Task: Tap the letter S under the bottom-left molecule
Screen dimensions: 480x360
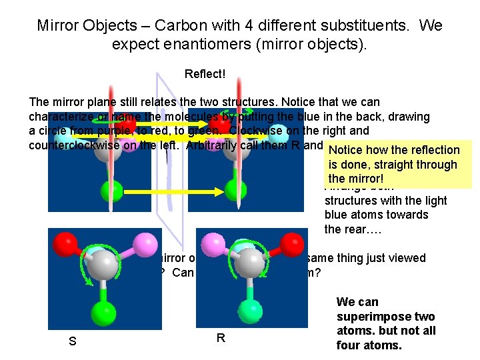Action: (x=71, y=342)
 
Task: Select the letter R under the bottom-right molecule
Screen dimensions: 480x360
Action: (x=221, y=337)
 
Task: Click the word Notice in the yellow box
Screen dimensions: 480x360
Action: (x=346, y=150)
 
